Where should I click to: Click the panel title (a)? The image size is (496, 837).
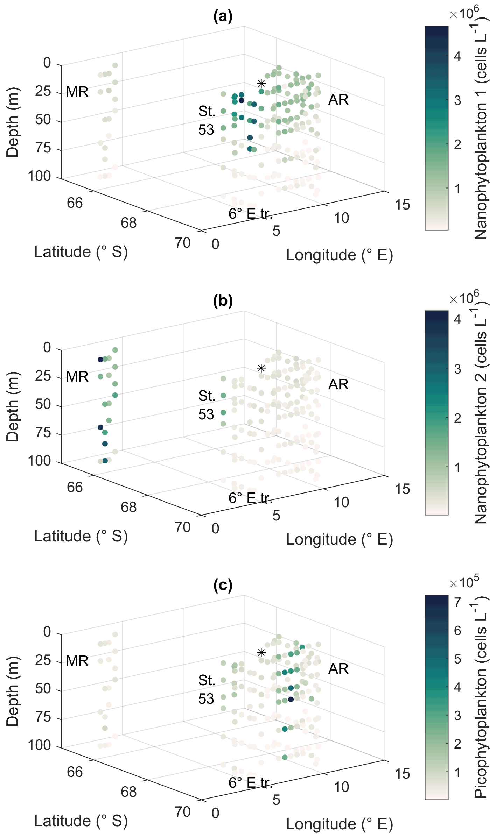pos(223,16)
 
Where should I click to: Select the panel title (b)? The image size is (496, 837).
pos(223,301)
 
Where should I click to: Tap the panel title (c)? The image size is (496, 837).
pos(223,586)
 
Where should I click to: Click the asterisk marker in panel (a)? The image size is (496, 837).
pos(261,84)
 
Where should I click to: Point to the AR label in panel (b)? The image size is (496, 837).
pos(338,384)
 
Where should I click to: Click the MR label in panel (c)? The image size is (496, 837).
pos(77,661)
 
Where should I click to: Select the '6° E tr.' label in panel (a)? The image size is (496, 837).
pos(251,213)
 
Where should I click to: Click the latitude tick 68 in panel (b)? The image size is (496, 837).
pos(128,507)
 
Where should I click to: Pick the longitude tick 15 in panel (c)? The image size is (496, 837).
pos(403,774)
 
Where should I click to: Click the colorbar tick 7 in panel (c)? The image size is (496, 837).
pos(457,602)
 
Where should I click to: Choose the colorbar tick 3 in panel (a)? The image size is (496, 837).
pos(457,100)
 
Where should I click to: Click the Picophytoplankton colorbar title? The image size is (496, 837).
pos(481,696)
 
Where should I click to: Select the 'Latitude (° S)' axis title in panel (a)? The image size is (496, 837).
pos(81,252)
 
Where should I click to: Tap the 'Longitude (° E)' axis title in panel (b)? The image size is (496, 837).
pos(340,539)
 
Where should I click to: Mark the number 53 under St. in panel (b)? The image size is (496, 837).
pos(206,414)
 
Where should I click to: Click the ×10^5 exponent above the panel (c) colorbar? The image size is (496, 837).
pos(464,582)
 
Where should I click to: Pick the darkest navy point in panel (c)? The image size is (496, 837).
pos(291,699)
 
